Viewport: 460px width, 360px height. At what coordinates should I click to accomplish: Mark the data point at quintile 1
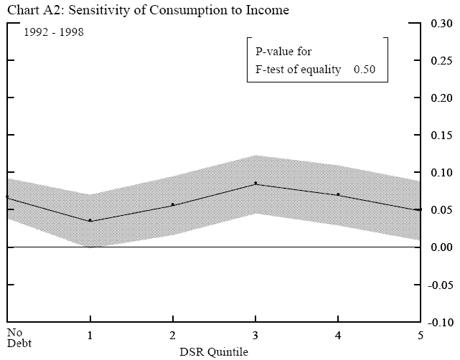pyautogui.click(x=90, y=220)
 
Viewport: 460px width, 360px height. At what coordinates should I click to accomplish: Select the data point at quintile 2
pyautogui.click(x=172, y=205)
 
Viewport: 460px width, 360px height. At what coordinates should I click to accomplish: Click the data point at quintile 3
pyautogui.click(x=255, y=184)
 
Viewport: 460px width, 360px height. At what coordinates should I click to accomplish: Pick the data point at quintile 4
pyautogui.click(x=337, y=195)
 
